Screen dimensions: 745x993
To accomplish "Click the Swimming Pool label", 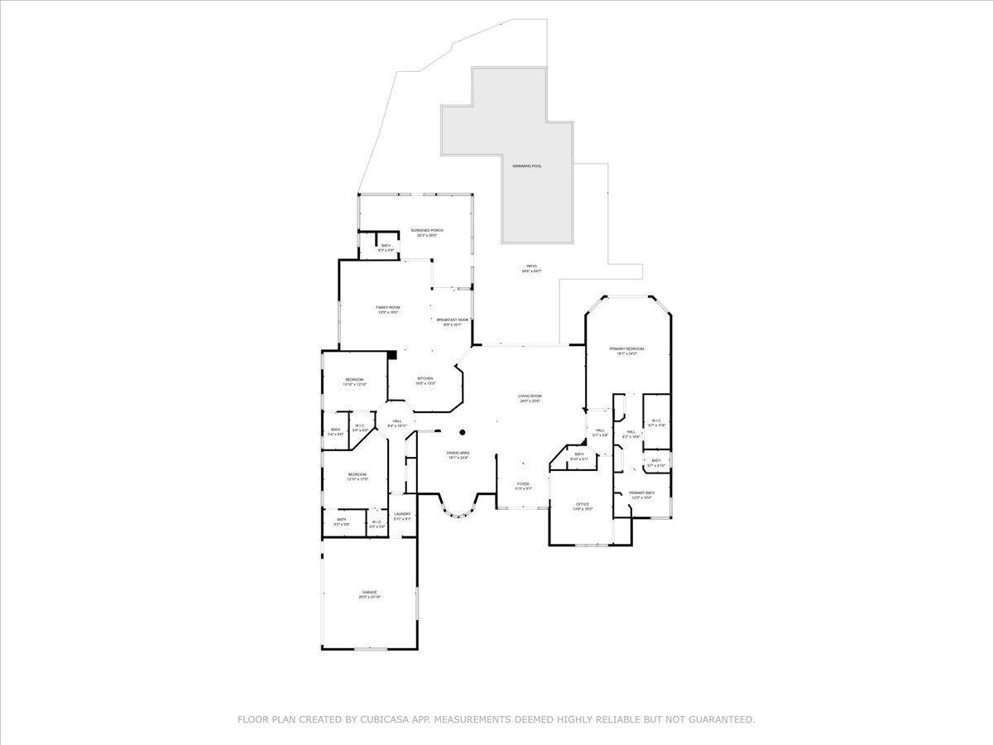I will click(526, 166).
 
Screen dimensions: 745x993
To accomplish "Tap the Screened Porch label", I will click(427, 230).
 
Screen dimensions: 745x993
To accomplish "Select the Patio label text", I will click(531, 266).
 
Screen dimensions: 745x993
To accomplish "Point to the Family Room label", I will click(388, 307).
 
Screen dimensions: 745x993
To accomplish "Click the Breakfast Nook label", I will click(453, 320).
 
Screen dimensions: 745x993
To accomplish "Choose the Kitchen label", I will click(425, 378).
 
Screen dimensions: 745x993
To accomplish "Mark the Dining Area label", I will click(458, 453).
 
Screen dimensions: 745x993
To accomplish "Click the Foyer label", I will click(523, 483).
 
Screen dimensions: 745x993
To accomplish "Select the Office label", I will click(583, 503).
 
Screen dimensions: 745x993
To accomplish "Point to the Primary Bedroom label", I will click(627, 349).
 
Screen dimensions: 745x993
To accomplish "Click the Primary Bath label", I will click(641, 493).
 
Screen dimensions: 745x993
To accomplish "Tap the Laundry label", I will click(403, 514).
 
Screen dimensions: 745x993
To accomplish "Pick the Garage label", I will click(369, 592).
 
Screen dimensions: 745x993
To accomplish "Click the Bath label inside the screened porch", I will click(386, 245).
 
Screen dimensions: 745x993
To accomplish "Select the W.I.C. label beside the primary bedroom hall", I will click(655, 421).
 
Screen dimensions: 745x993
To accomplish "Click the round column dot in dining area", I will click(463, 431).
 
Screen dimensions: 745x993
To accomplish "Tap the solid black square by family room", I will click(393, 355).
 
